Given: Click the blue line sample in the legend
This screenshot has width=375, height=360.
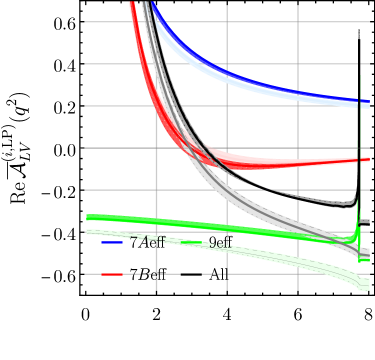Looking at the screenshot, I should pyautogui.click(x=112, y=242).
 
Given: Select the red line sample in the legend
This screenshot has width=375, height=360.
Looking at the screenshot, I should pyautogui.click(x=112, y=273).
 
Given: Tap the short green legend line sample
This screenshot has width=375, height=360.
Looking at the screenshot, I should pyautogui.click(x=191, y=242).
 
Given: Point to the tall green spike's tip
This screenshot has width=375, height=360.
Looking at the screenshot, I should pyautogui.click(x=360, y=75).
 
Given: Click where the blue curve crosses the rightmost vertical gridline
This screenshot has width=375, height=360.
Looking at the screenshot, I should pyautogui.click(x=298, y=93).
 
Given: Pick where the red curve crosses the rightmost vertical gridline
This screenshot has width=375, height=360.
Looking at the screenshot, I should pyautogui.click(x=298, y=163).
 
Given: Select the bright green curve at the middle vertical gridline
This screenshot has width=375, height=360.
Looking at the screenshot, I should pyautogui.click(x=227, y=226).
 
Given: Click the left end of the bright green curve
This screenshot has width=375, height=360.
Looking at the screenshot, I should pyautogui.click(x=88, y=217).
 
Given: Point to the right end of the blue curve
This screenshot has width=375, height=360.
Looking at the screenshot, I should pyautogui.click(x=369, y=102).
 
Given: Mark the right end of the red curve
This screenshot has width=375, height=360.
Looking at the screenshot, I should pyautogui.click(x=369, y=159).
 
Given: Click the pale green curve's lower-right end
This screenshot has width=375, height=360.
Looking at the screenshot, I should pyautogui.click(x=368, y=288).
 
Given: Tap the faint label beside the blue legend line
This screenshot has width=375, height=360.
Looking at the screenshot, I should pyautogui.click(x=150, y=241).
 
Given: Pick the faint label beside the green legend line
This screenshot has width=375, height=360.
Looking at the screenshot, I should pyautogui.click(x=219, y=242).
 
